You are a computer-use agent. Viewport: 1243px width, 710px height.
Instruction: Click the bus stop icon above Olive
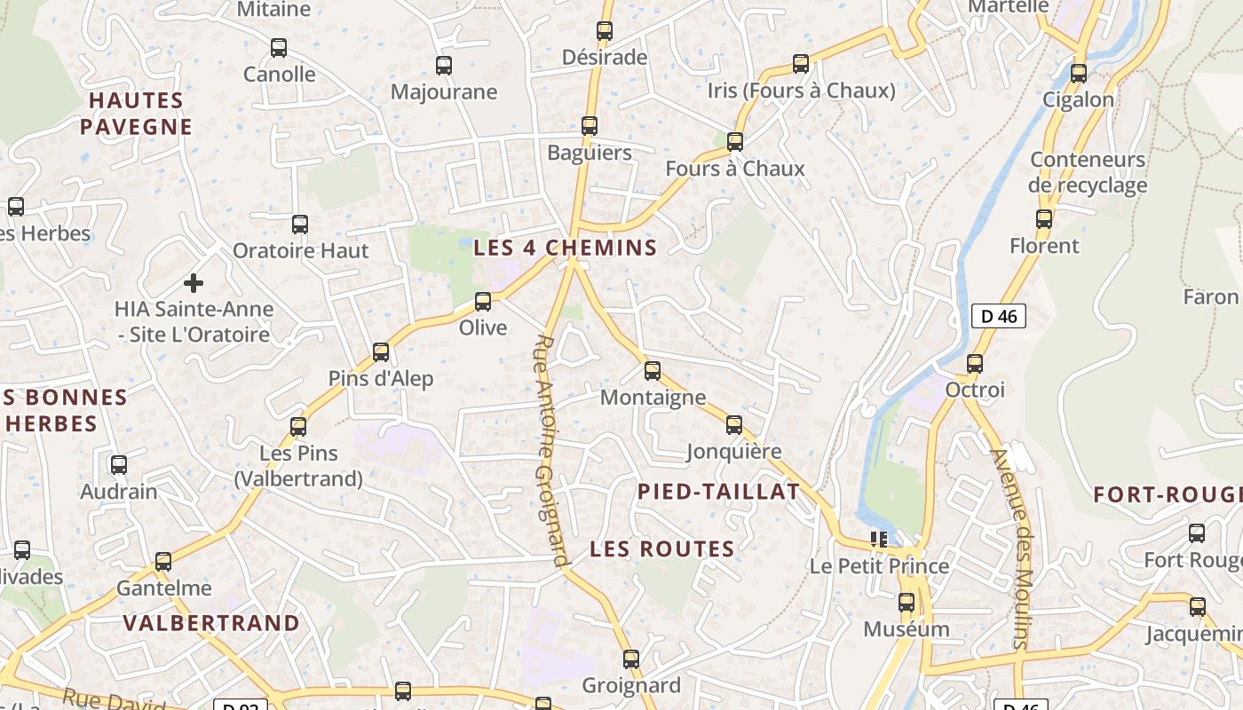(x=483, y=302)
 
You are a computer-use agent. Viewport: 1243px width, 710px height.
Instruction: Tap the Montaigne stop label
(x=653, y=397)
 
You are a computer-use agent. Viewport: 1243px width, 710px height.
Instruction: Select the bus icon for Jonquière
(x=734, y=425)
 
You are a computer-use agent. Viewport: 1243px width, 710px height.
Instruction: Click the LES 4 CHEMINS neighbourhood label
(x=565, y=248)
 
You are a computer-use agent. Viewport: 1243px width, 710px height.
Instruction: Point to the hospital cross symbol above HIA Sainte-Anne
(x=194, y=284)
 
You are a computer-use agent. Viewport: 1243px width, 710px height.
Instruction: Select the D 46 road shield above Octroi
(x=998, y=316)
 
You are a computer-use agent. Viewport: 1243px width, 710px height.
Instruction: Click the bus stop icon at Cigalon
(x=1079, y=74)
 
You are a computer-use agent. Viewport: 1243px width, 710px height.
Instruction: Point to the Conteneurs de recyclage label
(x=1088, y=172)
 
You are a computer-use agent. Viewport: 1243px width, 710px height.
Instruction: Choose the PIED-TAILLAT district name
(x=718, y=492)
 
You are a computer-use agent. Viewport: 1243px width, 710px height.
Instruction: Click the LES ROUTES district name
(x=662, y=549)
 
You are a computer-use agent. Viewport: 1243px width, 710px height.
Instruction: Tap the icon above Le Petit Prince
(x=879, y=540)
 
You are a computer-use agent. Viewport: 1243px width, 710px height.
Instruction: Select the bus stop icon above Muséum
(x=907, y=603)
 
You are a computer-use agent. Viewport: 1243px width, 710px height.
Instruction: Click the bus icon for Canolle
(x=279, y=48)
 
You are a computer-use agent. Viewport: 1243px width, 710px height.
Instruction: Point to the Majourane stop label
(x=444, y=91)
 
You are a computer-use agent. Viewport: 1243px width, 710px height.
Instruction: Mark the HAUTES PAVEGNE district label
(x=136, y=114)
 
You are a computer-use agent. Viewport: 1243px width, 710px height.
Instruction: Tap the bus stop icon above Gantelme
(x=163, y=562)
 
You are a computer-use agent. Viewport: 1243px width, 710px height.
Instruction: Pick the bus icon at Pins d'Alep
(x=381, y=352)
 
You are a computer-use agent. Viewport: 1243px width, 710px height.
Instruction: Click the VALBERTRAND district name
(x=211, y=623)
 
